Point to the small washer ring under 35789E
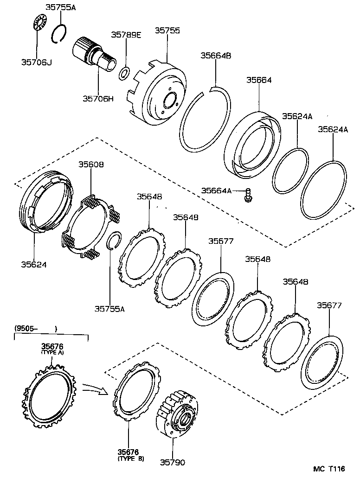coord(124,73)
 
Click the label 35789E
coord(126,36)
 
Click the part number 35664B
coord(215,55)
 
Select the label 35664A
coord(216,191)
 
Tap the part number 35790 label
coord(172,462)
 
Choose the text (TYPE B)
coord(130,459)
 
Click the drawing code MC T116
coord(328,469)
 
